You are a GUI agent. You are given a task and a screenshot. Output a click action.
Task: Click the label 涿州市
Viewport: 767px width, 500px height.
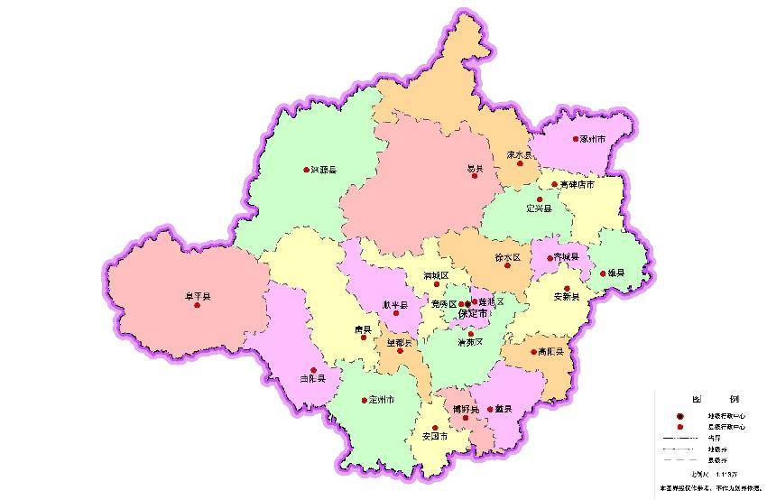tap(593, 140)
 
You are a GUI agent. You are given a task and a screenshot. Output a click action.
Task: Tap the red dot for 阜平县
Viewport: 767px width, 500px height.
tap(196, 305)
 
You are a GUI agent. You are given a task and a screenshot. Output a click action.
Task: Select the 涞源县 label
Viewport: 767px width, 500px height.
tap(323, 170)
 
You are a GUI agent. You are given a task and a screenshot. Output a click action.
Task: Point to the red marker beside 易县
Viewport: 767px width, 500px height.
tap(474, 177)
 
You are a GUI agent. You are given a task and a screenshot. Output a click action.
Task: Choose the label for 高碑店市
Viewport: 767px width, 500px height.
tap(577, 184)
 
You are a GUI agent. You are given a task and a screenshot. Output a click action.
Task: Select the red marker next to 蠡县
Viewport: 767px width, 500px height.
tap(491, 409)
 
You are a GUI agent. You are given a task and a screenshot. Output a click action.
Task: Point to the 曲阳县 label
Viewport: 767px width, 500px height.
tap(312, 379)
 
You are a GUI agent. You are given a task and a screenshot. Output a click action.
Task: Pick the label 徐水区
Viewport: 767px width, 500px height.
tap(509, 257)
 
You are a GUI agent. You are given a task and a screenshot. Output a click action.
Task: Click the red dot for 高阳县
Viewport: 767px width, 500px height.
tap(533, 352)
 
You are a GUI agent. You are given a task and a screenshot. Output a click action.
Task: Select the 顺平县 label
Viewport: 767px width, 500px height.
tap(395, 304)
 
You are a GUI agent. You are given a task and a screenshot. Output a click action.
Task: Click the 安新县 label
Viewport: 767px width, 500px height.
tap(567, 296)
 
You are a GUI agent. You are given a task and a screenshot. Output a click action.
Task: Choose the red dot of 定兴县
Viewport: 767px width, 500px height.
tap(540, 199)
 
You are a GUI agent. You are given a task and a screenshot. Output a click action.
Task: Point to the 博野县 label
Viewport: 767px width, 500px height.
tap(466, 409)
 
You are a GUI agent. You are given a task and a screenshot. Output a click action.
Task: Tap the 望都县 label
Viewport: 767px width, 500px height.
tap(400, 343)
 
